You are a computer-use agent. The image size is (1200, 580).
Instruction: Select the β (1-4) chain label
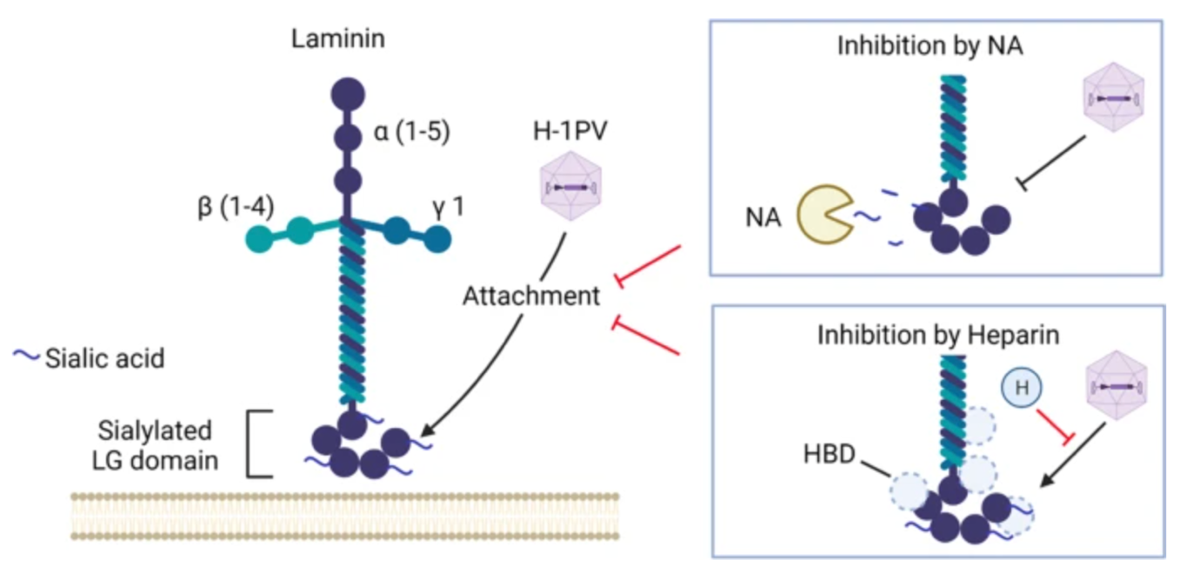[236, 209]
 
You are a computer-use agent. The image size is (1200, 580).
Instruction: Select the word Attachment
[531, 296]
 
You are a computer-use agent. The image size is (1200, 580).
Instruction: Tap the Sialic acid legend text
[104, 357]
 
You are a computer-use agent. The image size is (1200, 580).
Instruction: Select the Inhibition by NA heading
[930, 45]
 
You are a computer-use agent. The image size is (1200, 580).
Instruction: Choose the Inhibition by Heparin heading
[938, 334]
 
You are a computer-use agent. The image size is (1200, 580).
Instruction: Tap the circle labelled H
[1022, 387]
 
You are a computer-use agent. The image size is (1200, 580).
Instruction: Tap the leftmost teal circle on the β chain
[260, 237]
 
